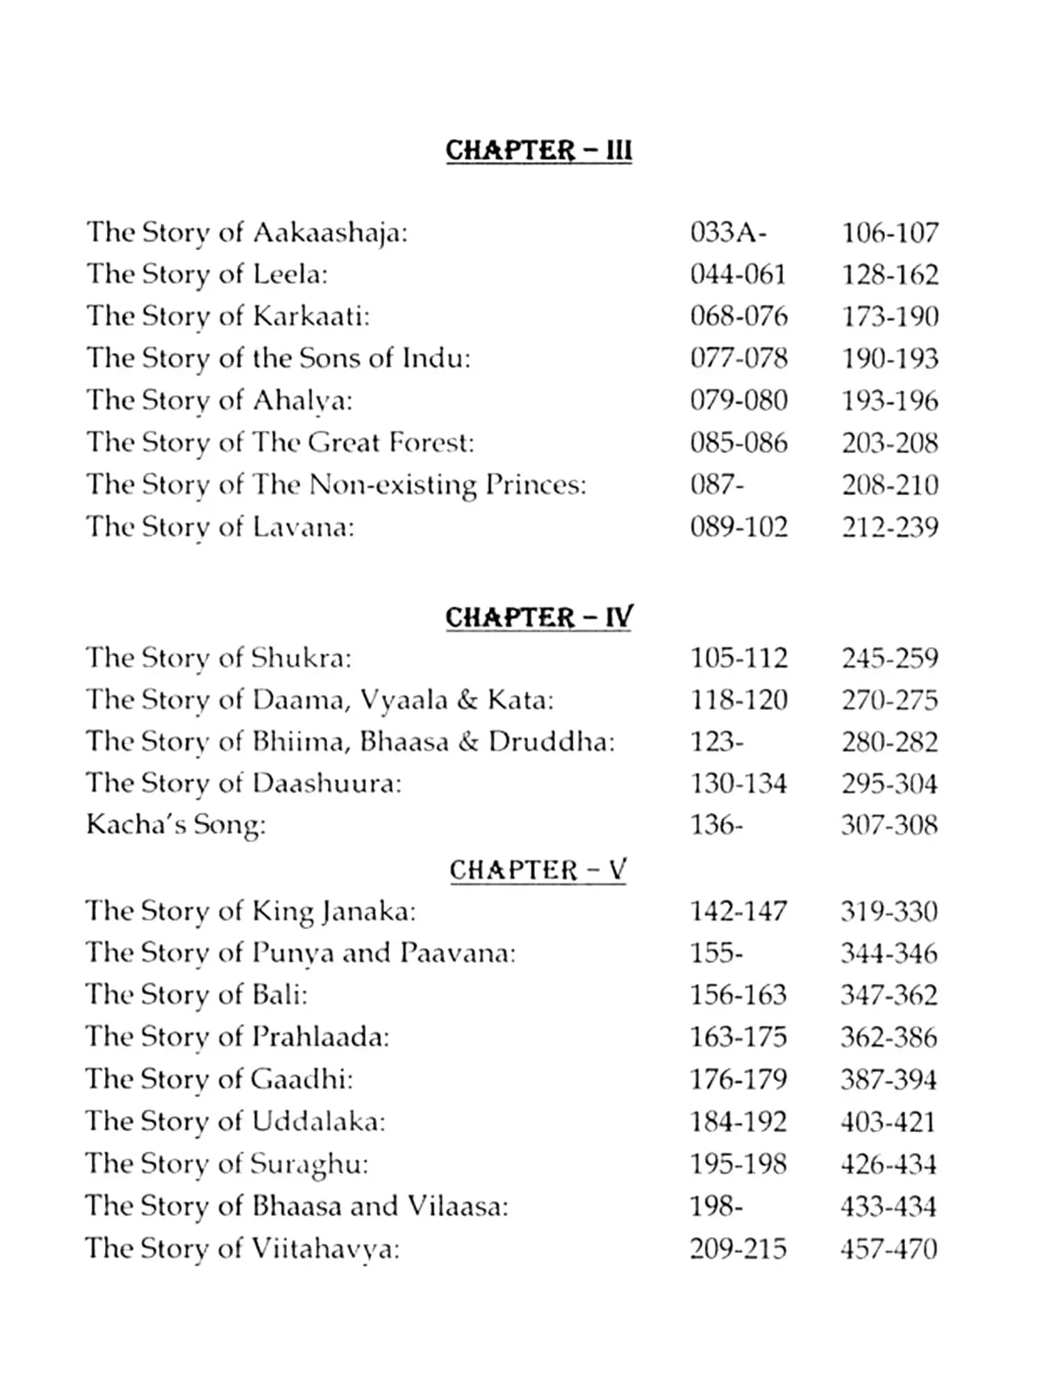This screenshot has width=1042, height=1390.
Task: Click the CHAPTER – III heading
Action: (x=538, y=150)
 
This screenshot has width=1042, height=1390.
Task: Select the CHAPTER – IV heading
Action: (x=538, y=617)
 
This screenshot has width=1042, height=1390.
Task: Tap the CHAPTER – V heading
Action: (x=538, y=869)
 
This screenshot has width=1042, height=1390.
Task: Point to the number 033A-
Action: (x=728, y=233)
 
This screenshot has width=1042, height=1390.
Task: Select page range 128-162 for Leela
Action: (x=890, y=275)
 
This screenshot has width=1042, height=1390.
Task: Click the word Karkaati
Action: (x=310, y=317)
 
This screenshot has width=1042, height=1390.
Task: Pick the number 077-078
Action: (x=738, y=359)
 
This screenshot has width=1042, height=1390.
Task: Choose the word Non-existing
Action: (x=392, y=485)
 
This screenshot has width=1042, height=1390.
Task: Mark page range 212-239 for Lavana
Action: (x=890, y=528)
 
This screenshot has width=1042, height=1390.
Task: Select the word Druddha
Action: (x=551, y=742)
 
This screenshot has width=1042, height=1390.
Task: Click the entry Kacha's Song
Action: (x=176, y=825)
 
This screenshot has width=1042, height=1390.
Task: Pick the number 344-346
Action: (x=888, y=953)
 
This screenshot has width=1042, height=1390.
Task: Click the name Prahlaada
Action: (x=320, y=1037)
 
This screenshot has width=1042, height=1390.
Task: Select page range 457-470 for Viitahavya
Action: (x=888, y=1249)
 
